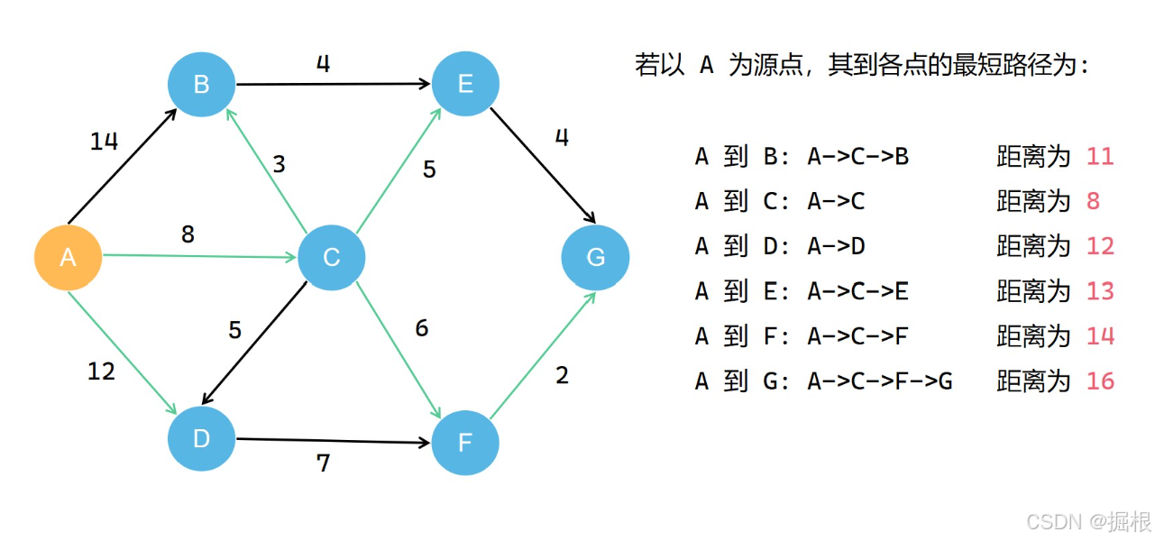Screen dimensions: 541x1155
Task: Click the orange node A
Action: [x=68, y=257]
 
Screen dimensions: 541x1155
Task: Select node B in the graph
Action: [x=201, y=84]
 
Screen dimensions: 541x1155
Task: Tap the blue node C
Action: [x=331, y=257]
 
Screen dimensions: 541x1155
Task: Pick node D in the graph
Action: [x=201, y=439]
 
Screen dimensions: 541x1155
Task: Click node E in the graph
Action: [x=465, y=84]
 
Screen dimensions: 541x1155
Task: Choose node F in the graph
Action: [x=465, y=443]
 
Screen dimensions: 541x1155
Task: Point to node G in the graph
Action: [x=595, y=257]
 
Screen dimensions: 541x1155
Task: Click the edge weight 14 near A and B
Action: [x=105, y=142]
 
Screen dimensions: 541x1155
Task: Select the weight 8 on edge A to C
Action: [x=188, y=234]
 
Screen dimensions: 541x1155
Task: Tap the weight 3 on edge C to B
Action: [x=279, y=164]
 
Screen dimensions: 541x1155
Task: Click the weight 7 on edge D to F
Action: [x=323, y=463]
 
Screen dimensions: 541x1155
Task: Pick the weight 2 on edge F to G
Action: [x=562, y=375]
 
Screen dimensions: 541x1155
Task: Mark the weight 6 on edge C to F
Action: [x=421, y=329]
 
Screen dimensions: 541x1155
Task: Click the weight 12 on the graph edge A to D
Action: [x=101, y=371]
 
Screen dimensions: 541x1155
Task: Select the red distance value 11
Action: [x=1100, y=157]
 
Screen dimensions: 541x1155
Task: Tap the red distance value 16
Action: [x=1100, y=381]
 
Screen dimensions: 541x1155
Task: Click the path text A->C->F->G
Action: [x=879, y=381]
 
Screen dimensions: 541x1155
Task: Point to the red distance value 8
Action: [x=1093, y=201]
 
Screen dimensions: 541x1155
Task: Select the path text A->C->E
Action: [x=857, y=291]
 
